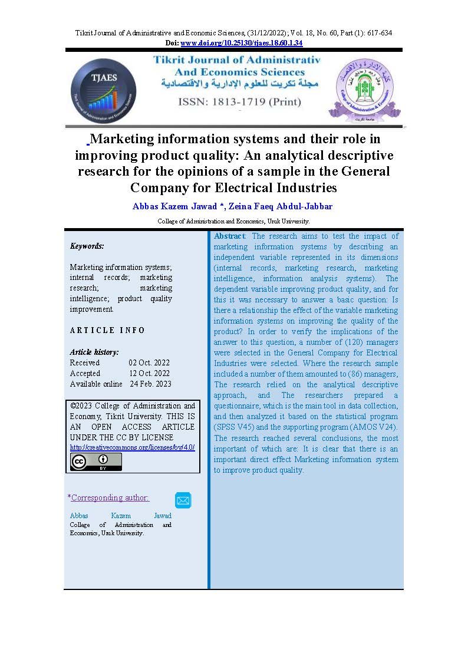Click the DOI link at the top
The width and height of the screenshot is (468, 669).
(241, 43)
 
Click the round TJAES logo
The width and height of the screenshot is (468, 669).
(103, 91)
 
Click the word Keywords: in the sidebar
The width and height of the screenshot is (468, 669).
(87, 246)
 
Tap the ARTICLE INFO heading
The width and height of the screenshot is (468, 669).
(107, 331)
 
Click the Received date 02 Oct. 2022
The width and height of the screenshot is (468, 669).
(149, 363)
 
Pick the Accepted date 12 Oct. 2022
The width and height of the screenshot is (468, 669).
(149, 374)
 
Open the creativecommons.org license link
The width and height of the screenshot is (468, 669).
(132, 448)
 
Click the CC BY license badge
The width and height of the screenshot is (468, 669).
(96, 462)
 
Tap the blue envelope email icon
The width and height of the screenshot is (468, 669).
(183, 500)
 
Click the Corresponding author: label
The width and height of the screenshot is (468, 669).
(110, 498)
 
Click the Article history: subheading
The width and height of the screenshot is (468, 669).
(94, 352)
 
